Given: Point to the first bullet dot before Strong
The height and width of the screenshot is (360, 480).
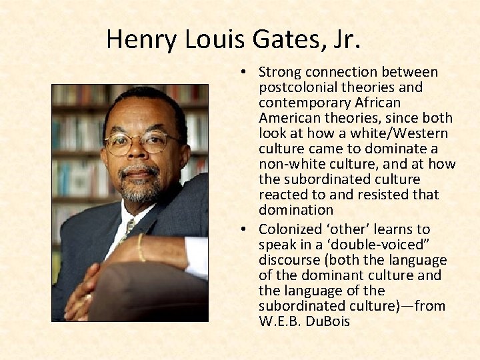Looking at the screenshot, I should pos(245,72).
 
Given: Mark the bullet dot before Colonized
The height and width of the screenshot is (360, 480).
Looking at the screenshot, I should pos(245,229).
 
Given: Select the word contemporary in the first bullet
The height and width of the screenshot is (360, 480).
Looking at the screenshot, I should pos(299,103).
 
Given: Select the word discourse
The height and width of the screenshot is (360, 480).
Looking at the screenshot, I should pos(288,260).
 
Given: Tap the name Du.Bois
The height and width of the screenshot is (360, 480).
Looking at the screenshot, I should pos(327,321).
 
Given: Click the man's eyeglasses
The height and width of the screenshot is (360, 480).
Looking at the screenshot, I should pos(138,142).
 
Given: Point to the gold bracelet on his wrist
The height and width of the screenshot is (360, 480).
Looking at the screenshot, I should pos(141,247).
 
